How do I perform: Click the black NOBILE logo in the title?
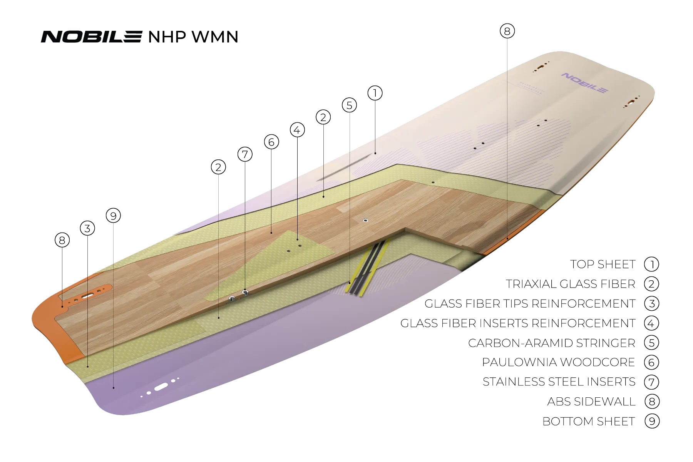(x=92, y=37)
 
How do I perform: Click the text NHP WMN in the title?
(x=193, y=37)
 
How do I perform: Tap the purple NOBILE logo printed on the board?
(x=584, y=82)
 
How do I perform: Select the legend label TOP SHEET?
(x=603, y=264)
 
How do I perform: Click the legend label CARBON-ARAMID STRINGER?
(x=551, y=343)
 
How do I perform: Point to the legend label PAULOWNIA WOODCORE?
(x=558, y=362)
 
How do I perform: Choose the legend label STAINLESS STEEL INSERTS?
(x=559, y=382)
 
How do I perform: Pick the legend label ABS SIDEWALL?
(x=591, y=402)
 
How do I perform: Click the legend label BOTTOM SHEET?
(x=588, y=422)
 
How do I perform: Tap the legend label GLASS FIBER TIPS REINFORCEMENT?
(x=530, y=304)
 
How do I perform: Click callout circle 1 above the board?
(x=375, y=93)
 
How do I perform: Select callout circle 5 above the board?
(x=349, y=105)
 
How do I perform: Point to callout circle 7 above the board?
(x=245, y=154)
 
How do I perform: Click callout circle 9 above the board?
(x=113, y=216)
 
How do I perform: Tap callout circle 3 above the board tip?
(x=87, y=228)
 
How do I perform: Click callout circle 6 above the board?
(x=271, y=142)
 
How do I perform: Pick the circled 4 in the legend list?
(x=651, y=323)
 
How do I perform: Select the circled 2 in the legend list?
(x=651, y=284)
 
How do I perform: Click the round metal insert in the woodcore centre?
(x=365, y=221)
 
